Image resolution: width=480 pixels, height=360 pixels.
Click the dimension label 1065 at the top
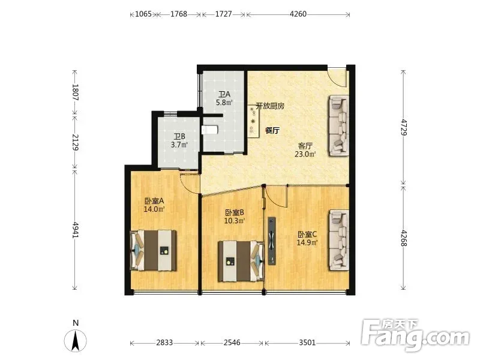(143, 14)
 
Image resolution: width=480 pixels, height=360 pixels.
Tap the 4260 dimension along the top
(298, 14)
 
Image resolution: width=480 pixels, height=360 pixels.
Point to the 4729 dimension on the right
(404, 127)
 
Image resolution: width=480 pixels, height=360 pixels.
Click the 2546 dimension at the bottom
(232, 342)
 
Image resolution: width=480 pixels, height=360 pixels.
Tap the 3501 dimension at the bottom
(307, 342)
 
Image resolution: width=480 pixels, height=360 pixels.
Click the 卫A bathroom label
(224, 94)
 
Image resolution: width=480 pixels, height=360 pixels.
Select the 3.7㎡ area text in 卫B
(179, 145)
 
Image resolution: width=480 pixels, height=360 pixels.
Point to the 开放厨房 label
(270, 106)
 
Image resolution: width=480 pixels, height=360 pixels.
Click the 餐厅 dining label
(272, 130)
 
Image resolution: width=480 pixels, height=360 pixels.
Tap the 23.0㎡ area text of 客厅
(305, 154)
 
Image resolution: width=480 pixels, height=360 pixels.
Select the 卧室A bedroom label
(155, 201)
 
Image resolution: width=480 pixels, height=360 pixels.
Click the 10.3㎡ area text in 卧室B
(235, 220)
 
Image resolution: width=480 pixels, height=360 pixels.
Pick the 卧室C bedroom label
(307, 235)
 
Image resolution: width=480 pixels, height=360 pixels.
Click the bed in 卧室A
(154, 250)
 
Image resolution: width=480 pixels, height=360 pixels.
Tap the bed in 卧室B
(241, 261)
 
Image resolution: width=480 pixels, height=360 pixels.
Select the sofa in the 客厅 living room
(339, 126)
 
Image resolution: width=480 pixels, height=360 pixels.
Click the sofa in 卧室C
(339, 240)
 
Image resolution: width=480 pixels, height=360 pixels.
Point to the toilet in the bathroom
(209, 130)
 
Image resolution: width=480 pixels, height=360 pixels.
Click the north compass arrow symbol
(76, 340)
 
